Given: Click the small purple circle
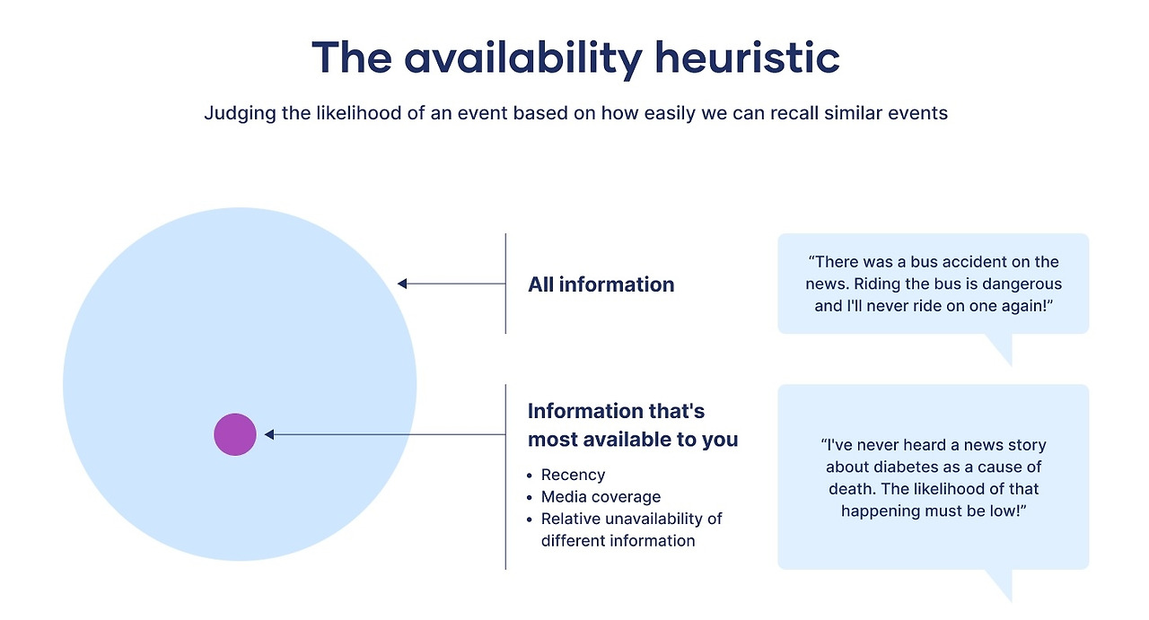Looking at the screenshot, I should click(x=235, y=434).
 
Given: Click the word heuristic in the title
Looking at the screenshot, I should click(x=747, y=58).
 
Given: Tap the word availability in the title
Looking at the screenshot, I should click(x=522, y=58).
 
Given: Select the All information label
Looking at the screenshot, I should click(x=601, y=284).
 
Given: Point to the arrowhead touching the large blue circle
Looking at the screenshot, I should click(x=403, y=284).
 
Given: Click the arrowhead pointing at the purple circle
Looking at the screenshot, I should click(x=269, y=434).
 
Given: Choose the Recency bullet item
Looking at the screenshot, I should click(x=573, y=475).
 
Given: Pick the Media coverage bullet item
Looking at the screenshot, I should click(x=601, y=496).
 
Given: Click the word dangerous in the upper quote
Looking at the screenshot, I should click(x=1018, y=284).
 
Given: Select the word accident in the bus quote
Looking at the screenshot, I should click(x=971, y=262).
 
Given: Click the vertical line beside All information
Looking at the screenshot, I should click(x=505, y=284).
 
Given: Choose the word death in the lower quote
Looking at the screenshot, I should click(x=849, y=489).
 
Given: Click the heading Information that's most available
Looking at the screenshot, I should click(x=632, y=425).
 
